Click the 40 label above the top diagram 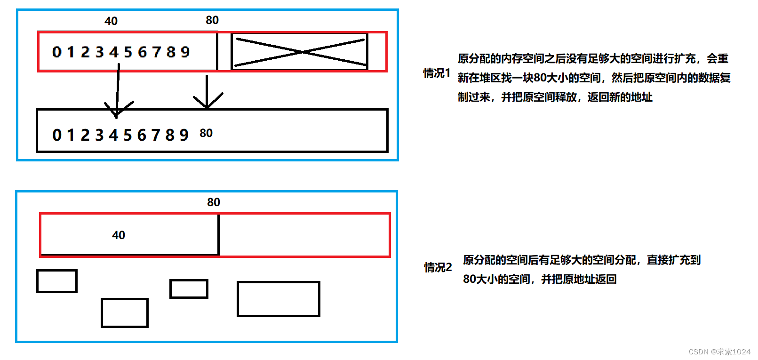click(x=111, y=21)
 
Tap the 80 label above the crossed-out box click(x=212, y=20)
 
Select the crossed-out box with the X click(x=300, y=52)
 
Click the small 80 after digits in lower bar click(x=206, y=133)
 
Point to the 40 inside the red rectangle click(x=119, y=235)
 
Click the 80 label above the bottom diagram click(x=214, y=202)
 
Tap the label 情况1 click(x=437, y=73)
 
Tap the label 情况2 click(x=438, y=267)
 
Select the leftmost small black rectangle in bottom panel click(x=57, y=281)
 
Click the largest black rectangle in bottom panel click(x=279, y=299)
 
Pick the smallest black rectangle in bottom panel click(x=189, y=289)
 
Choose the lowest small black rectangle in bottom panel click(x=125, y=312)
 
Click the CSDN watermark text click(x=719, y=352)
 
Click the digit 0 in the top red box click(x=57, y=52)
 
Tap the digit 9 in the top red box click(x=185, y=52)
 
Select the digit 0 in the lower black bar click(x=57, y=135)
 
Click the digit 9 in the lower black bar click(x=184, y=135)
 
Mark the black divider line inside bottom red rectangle click(x=219, y=234)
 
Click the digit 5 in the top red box click(x=128, y=52)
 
